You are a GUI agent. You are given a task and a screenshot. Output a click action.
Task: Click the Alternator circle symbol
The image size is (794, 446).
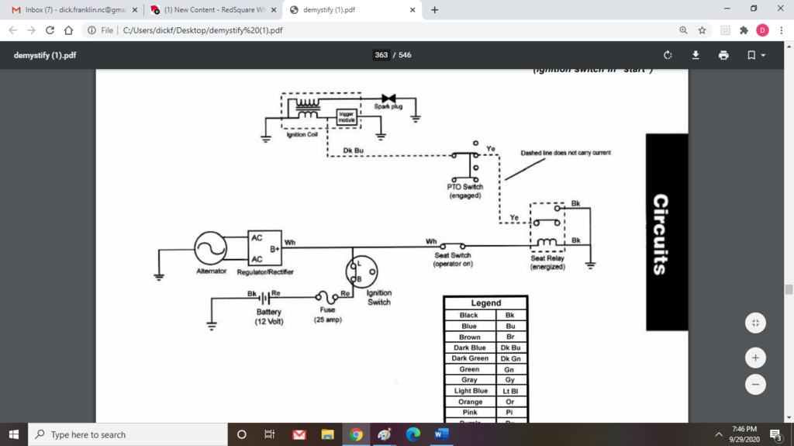(210, 248)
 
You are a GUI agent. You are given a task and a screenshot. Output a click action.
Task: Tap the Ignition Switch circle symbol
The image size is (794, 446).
(362, 271)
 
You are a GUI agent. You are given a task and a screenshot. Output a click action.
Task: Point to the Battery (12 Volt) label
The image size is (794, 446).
(268, 316)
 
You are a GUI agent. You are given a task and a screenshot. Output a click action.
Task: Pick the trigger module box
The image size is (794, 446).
(347, 117)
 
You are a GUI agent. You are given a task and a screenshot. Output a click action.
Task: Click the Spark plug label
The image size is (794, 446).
(388, 107)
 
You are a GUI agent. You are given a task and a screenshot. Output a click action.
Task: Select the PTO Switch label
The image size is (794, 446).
(465, 191)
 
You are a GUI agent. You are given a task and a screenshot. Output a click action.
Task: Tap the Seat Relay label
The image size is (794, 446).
(547, 263)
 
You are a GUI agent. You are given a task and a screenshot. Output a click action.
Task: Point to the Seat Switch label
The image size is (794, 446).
(453, 260)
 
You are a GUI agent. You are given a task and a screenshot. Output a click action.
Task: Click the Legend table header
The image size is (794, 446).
(485, 303)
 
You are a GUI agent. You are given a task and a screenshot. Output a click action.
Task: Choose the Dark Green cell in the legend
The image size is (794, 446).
(470, 358)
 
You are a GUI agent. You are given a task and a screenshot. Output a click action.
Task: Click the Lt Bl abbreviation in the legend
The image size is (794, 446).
(509, 391)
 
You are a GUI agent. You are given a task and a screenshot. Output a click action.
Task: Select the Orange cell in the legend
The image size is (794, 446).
(470, 402)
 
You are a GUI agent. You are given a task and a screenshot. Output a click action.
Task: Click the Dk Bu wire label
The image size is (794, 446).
(354, 150)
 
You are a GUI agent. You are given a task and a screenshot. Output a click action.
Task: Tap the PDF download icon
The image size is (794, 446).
(696, 55)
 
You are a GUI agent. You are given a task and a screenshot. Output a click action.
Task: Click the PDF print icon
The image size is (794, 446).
(723, 55)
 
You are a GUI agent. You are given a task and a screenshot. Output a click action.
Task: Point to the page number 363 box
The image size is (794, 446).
(381, 55)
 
